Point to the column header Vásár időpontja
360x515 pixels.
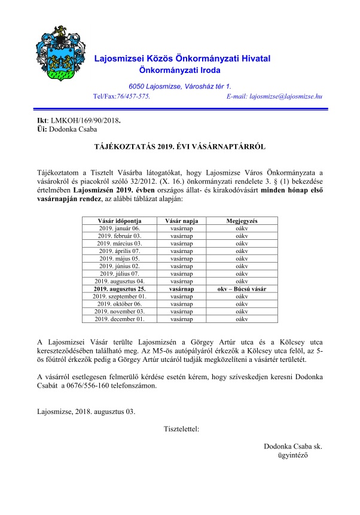[x=118, y=221]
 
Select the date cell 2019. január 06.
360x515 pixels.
[x=118, y=228]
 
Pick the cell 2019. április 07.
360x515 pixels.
[x=118, y=251]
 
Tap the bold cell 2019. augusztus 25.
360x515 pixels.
[x=118, y=289]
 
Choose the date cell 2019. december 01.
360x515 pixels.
[x=118, y=319]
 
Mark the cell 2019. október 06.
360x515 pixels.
[x=118, y=304]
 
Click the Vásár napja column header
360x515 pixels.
[x=181, y=221]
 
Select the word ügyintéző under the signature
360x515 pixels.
[x=289, y=456]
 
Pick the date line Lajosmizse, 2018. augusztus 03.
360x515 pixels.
[x=86, y=412]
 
